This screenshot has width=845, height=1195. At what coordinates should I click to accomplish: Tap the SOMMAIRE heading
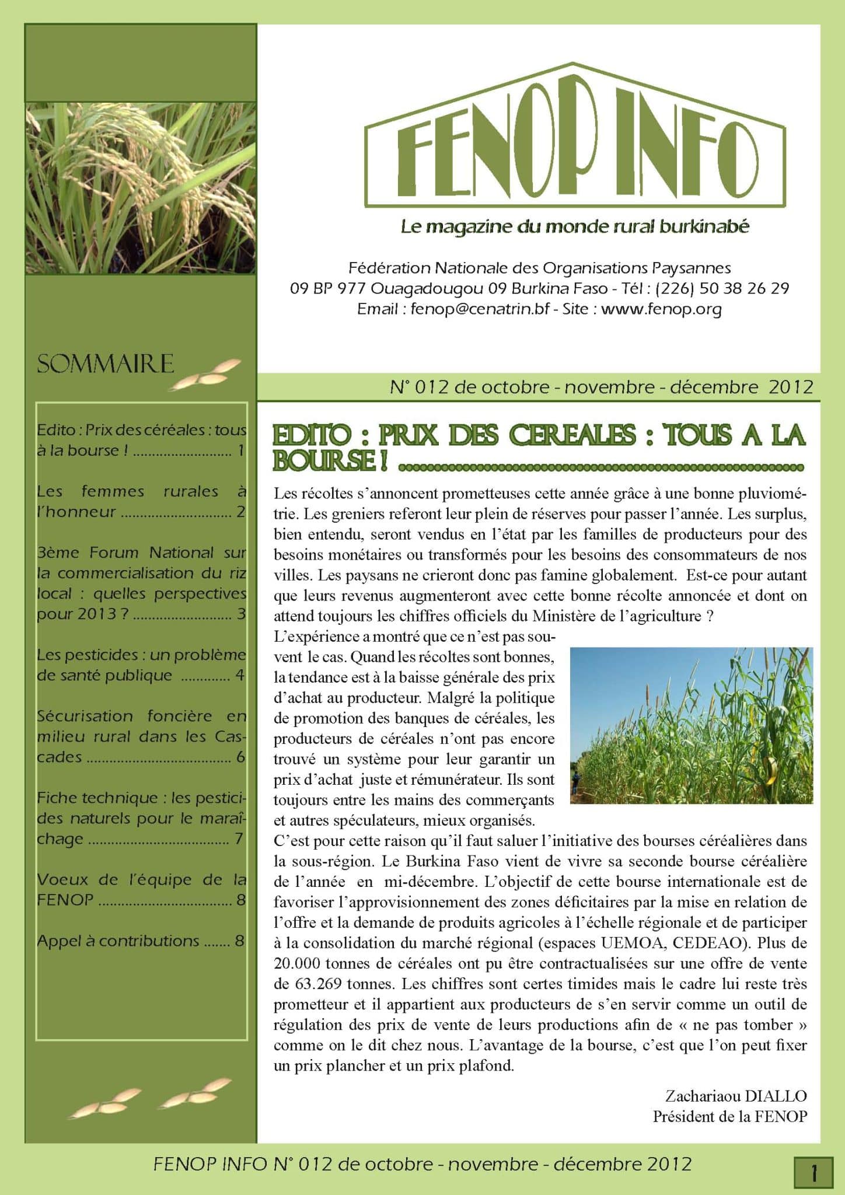pyautogui.click(x=106, y=364)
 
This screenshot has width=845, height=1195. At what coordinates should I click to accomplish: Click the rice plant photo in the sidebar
pyautogui.click(x=140, y=188)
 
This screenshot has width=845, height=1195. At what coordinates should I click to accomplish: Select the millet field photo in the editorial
pyautogui.click(x=691, y=725)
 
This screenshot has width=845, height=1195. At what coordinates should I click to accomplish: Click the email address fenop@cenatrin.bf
pyautogui.click(x=480, y=309)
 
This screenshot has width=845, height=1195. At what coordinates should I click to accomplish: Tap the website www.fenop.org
pyautogui.click(x=661, y=309)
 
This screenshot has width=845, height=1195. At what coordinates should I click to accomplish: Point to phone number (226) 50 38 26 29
pyautogui.click(x=722, y=288)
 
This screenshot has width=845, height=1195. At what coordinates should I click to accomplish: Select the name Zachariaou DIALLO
pyautogui.click(x=736, y=1096)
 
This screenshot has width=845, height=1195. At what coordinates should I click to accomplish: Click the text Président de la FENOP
pyautogui.click(x=730, y=1116)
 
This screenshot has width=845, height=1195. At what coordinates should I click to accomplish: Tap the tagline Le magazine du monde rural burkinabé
pyautogui.click(x=574, y=226)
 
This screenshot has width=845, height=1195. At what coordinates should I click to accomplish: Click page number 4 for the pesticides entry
pyautogui.click(x=240, y=676)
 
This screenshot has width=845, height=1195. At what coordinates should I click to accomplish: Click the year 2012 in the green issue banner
pyautogui.click(x=791, y=387)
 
